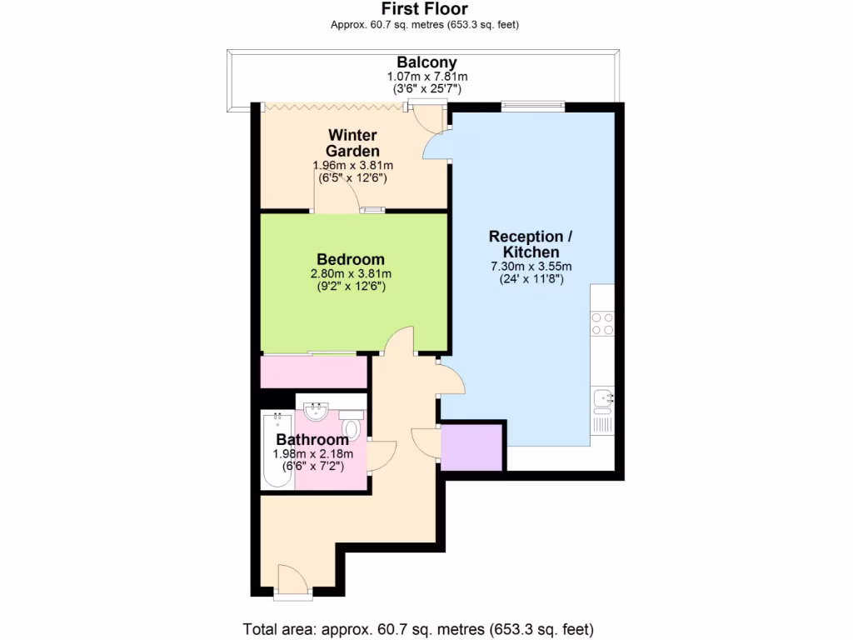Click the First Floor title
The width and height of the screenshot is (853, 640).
tap(425, 9)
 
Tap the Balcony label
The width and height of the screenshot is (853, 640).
tap(426, 62)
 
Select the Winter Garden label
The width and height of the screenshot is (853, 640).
tap(352, 142)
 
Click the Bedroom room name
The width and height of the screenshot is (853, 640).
tap(351, 259)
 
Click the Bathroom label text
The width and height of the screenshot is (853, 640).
tap(312, 439)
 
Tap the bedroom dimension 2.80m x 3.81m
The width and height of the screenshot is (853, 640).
tap(351, 273)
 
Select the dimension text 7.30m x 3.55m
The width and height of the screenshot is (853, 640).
tap(531, 267)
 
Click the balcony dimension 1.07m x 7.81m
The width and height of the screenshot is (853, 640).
tap(426, 77)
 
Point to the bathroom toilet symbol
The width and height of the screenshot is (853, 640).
tap(351, 428)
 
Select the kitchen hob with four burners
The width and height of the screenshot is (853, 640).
tap(602, 323)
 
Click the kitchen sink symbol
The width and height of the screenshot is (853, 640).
tap(602, 398)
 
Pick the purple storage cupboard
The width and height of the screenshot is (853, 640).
tap(471, 447)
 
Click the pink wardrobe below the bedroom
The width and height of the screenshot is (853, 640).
tap(313, 372)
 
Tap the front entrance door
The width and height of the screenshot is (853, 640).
tap(292, 580)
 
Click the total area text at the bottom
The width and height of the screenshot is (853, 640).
tap(418, 628)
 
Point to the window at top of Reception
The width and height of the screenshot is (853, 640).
tap(533, 105)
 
